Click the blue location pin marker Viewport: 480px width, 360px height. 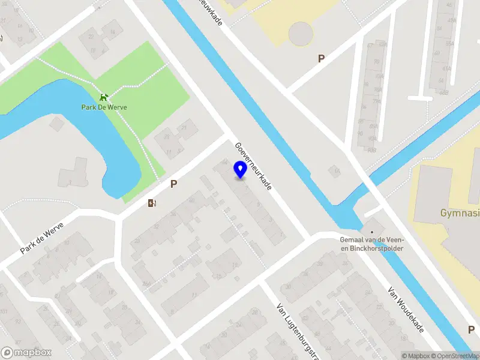240,170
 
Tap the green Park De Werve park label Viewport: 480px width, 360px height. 104,107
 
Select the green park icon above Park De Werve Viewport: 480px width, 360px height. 104,97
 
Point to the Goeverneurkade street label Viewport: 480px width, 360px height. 253,166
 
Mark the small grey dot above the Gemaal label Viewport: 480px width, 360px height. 372,232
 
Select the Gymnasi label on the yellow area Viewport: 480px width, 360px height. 460,213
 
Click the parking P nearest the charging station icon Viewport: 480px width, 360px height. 173,184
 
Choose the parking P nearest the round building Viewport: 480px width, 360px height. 321,58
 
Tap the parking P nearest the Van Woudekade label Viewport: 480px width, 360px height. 472,329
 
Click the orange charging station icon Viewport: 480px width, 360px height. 152,203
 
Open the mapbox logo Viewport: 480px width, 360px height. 26,353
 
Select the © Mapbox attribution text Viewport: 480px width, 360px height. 416,356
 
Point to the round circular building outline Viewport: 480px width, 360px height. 301,34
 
